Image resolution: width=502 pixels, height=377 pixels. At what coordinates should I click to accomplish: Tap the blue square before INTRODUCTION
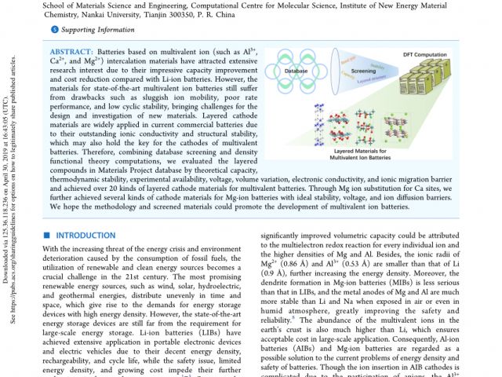45,235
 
